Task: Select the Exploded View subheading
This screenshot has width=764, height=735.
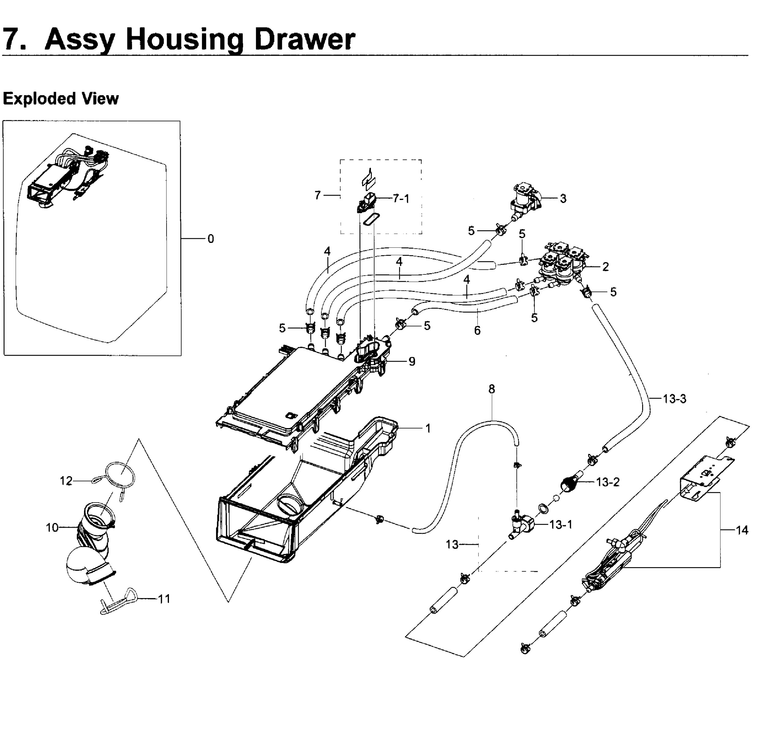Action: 61,99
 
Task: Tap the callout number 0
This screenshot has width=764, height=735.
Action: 211,239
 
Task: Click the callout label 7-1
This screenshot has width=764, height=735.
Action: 401,199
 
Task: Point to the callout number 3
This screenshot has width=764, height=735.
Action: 563,198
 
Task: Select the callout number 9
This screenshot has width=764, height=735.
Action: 412,361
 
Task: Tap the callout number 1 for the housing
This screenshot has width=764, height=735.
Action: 428,428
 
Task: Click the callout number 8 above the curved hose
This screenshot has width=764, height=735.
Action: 492,389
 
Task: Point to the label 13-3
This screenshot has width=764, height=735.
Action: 674,399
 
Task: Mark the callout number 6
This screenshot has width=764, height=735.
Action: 477,330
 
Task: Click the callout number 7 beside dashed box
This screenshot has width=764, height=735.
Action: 317,195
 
